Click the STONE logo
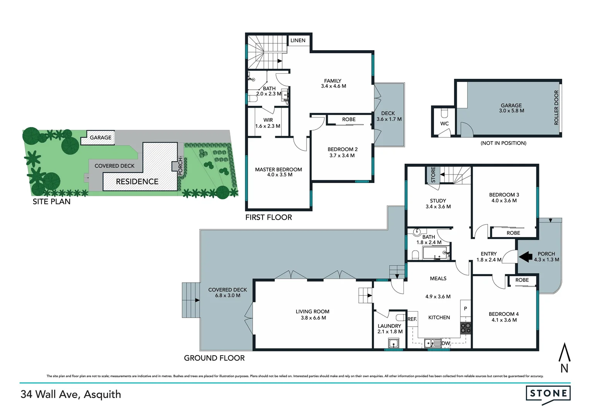pos(548,394)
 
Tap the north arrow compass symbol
pos(565,358)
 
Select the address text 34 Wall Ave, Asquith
pos(71,394)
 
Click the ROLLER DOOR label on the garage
pos(556,107)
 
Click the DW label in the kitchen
pos(446,343)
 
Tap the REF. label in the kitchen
pos(412,319)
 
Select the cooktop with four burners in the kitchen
pos(465,328)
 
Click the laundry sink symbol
pos(393,343)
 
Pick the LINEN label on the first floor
pos(298,40)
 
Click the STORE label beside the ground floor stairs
pos(433,175)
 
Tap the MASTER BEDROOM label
pos(278,169)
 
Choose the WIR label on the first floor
pos(268,120)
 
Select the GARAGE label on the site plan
pos(100,137)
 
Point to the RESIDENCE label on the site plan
pos(137,181)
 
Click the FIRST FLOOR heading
pos(268,217)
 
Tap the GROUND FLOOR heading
pos(214,358)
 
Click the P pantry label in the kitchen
pos(465,309)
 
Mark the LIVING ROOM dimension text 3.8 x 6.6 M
pos(313,318)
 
